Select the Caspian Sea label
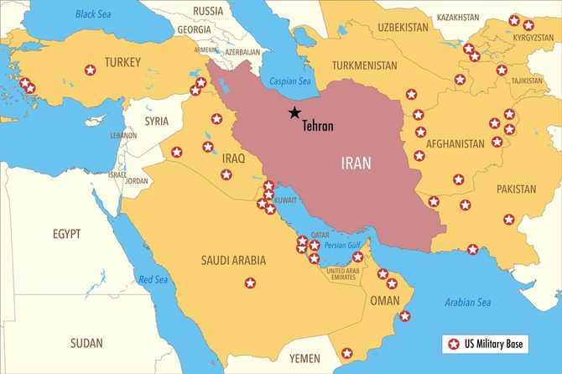tap(290, 81)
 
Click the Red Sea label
tap(154, 279)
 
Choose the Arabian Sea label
tap(467, 302)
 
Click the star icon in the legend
tap(454, 344)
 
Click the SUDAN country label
tap(86, 342)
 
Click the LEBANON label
tap(123, 134)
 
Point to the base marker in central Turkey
tap(90, 70)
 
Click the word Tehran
tap(318, 127)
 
